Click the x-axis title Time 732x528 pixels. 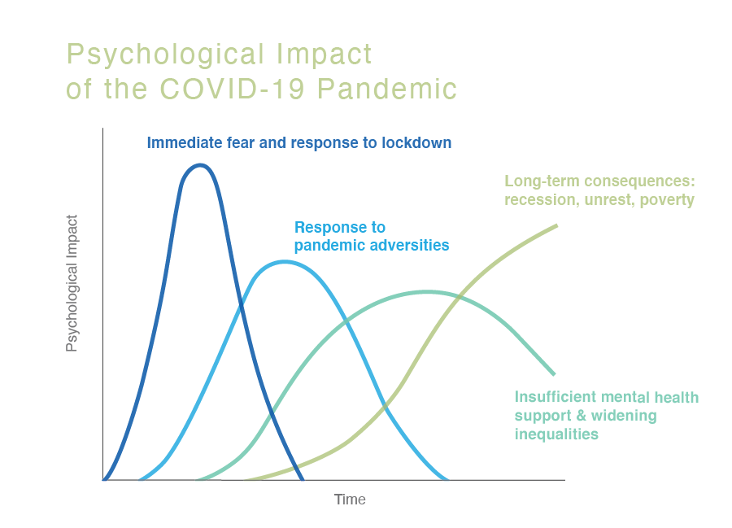point(350,500)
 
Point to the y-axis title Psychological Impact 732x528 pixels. point(72,283)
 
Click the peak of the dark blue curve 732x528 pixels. point(200,165)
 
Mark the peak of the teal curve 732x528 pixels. point(426,291)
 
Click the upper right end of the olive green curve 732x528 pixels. point(556,225)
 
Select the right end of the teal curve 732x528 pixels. point(554,374)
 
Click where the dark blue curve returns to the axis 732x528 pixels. point(302,479)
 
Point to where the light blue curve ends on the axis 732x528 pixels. point(447,479)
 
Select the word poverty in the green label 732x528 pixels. point(668,200)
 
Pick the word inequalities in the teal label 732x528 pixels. point(556,434)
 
